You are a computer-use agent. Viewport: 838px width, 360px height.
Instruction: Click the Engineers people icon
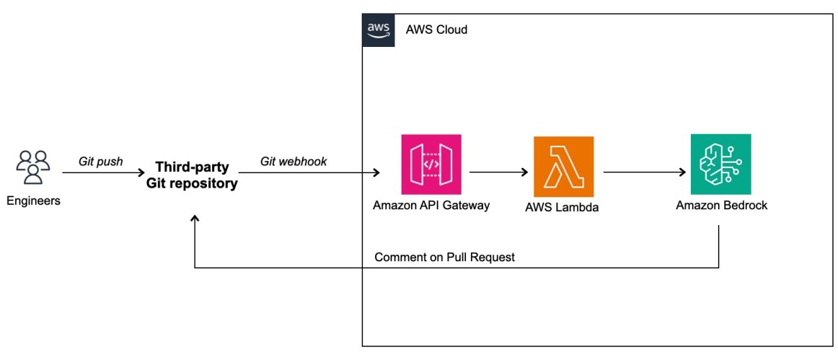pos(33,167)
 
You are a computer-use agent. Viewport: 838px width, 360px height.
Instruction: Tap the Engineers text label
pos(33,201)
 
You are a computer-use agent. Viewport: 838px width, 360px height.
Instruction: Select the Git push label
pos(101,162)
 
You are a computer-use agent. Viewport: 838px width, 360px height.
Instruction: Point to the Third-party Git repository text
pos(193,175)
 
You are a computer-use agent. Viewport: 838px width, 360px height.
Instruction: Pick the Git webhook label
pos(294,162)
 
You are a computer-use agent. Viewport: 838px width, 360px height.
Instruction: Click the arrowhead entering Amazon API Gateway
pos(376,173)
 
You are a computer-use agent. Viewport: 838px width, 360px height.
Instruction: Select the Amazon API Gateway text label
pos(431,206)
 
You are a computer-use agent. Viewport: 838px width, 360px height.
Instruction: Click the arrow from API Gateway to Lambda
pos(498,173)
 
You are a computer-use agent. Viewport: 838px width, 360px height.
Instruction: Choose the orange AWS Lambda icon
pos(563,166)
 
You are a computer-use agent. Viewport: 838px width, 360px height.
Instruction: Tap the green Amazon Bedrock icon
pos(720,164)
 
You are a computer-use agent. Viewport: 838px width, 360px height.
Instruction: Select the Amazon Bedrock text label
pos(721,206)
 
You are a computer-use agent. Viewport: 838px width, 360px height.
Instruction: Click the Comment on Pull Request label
pos(444,258)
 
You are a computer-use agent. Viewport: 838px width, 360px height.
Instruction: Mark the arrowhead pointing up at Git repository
pos(195,219)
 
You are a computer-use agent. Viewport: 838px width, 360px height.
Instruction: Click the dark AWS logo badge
pos(378,30)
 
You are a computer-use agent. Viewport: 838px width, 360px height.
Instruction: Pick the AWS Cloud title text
pos(436,30)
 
